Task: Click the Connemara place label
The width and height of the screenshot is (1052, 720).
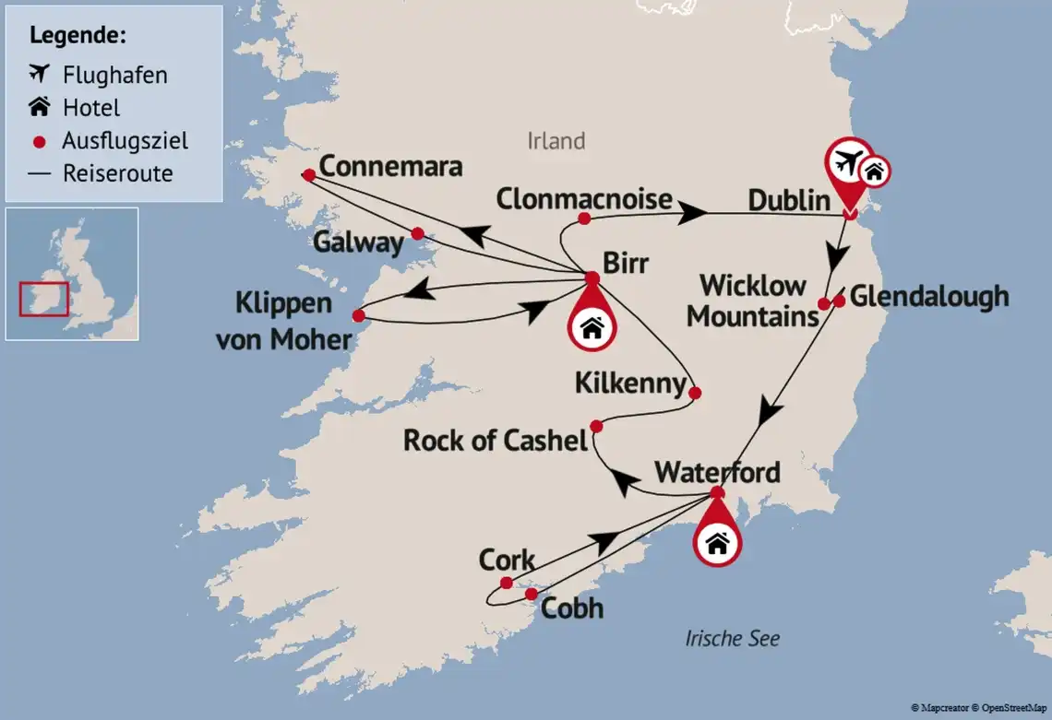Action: tap(390, 169)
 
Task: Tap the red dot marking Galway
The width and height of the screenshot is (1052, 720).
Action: tap(417, 233)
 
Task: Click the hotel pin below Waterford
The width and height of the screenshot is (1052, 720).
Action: tap(717, 543)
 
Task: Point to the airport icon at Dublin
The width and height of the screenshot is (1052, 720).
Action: tap(847, 162)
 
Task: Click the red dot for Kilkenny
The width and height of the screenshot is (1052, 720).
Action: tap(695, 393)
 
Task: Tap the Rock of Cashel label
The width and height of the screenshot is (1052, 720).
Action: tap(495, 441)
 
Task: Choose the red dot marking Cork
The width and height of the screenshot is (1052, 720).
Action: tap(506, 583)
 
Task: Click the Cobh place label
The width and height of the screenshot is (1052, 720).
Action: tap(571, 608)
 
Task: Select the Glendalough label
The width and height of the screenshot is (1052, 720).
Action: tap(928, 297)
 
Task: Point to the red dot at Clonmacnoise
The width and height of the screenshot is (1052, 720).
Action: tap(583, 218)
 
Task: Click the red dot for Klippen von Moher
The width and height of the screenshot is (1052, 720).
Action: tap(358, 315)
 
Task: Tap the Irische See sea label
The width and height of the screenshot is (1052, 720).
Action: tap(732, 638)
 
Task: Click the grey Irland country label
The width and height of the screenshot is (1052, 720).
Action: tap(556, 141)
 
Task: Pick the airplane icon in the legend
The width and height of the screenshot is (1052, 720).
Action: tap(39, 74)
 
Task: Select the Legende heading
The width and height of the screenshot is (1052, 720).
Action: tap(78, 36)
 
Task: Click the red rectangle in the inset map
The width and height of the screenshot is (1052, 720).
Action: tap(43, 299)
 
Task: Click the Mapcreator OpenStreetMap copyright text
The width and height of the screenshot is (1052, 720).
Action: tap(978, 707)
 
